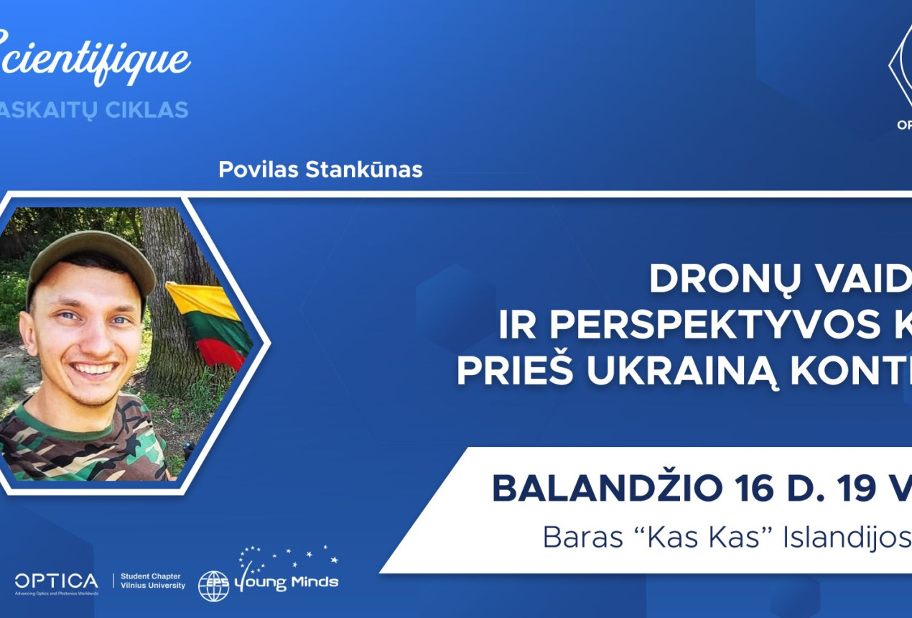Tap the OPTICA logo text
tap(56, 581)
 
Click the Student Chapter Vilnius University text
tap(152, 581)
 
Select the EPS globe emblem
tap(213, 586)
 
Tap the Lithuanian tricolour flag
tap(208, 323)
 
